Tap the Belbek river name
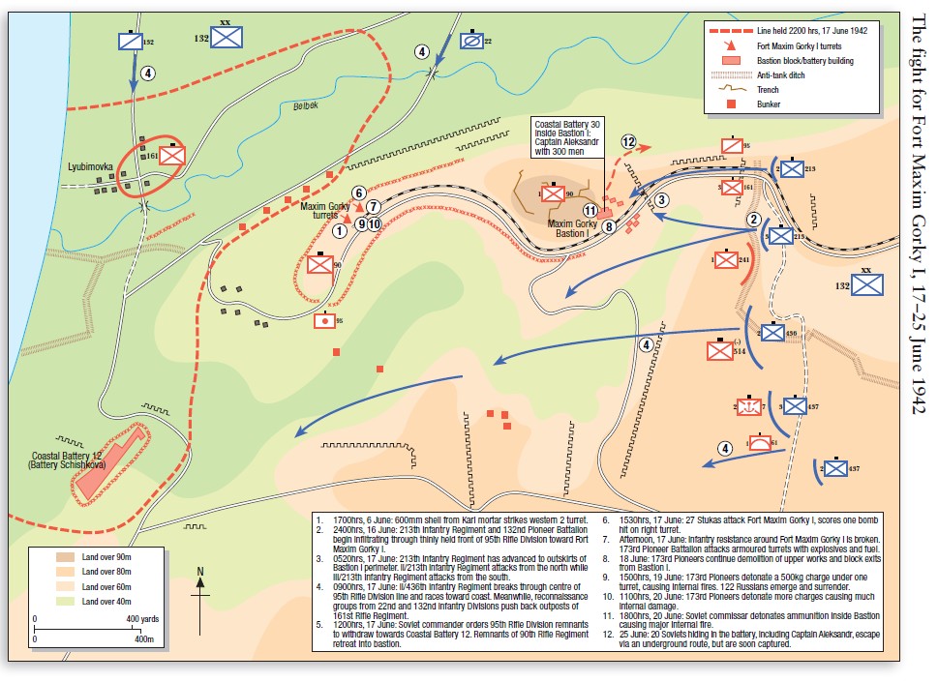306,111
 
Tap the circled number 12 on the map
630,142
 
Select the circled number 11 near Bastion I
590,210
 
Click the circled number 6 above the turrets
358,193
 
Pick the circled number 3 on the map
662,199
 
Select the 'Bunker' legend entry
767,104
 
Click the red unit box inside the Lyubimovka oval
173,155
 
